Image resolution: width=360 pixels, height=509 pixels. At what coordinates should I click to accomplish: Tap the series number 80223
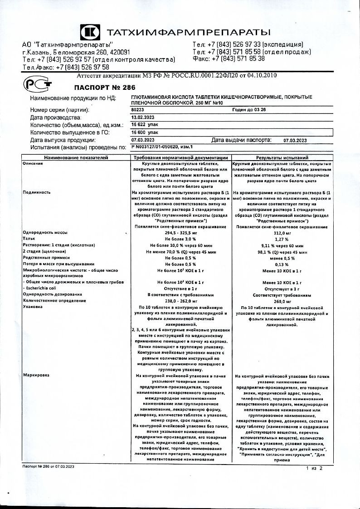pos(137,110)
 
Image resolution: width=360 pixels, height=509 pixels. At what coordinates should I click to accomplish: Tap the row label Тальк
pos(29,238)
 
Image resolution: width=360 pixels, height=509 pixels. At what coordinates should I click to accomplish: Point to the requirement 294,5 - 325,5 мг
pos(180,232)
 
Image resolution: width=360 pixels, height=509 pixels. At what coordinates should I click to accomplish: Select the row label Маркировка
pos(34,376)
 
